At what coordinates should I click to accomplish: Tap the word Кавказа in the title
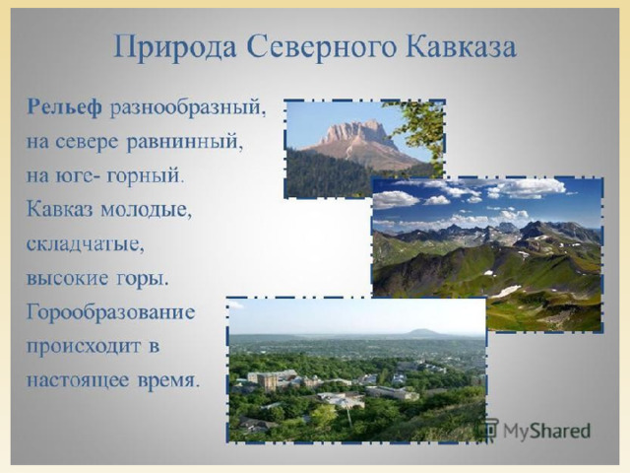(461, 46)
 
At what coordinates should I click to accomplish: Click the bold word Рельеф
(64, 108)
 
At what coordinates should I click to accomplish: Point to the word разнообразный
(188, 108)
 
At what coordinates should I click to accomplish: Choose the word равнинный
(185, 142)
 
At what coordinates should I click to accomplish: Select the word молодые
(146, 210)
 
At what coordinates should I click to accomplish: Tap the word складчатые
(86, 244)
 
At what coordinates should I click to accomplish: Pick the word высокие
(67, 278)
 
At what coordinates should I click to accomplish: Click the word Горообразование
(110, 312)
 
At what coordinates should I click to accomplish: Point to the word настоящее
(79, 380)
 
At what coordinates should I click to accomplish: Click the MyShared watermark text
(546, 431)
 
